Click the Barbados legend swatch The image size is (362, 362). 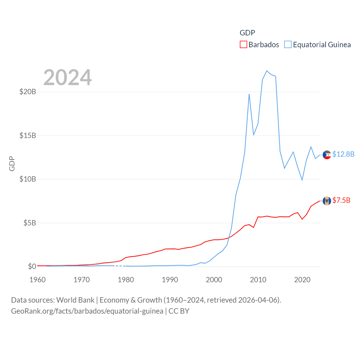(x=243, y=45)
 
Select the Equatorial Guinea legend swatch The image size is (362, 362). (x=288, y=45)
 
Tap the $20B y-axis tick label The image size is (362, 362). (x=28, y=92)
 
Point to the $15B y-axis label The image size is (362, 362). (x=28, y=135)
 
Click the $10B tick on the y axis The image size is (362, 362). (x=28, y=179)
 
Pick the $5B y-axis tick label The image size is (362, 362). (x=30, y=223)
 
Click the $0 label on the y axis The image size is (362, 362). (x=32, y=266)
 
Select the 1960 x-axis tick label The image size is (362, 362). (x=38, y=280)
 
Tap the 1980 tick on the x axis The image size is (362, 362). (x=126, y=280)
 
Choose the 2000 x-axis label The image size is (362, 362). (x=214, y=280)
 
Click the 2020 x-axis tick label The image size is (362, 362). (x=302, y=280)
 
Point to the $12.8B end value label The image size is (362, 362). (x=343, y=154)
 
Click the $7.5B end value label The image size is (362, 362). (x=341, y=201)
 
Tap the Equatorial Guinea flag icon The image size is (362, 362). (x=327, y=155)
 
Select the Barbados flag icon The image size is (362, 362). (x=327, y=201)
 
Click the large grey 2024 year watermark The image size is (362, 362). (x=68, y=77)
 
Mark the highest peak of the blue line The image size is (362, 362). (x=267, y=71)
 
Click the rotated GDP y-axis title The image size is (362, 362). (x=12, y=163)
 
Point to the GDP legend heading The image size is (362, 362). (x=247, y=33)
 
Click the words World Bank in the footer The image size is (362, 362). (x=75, y=300)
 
